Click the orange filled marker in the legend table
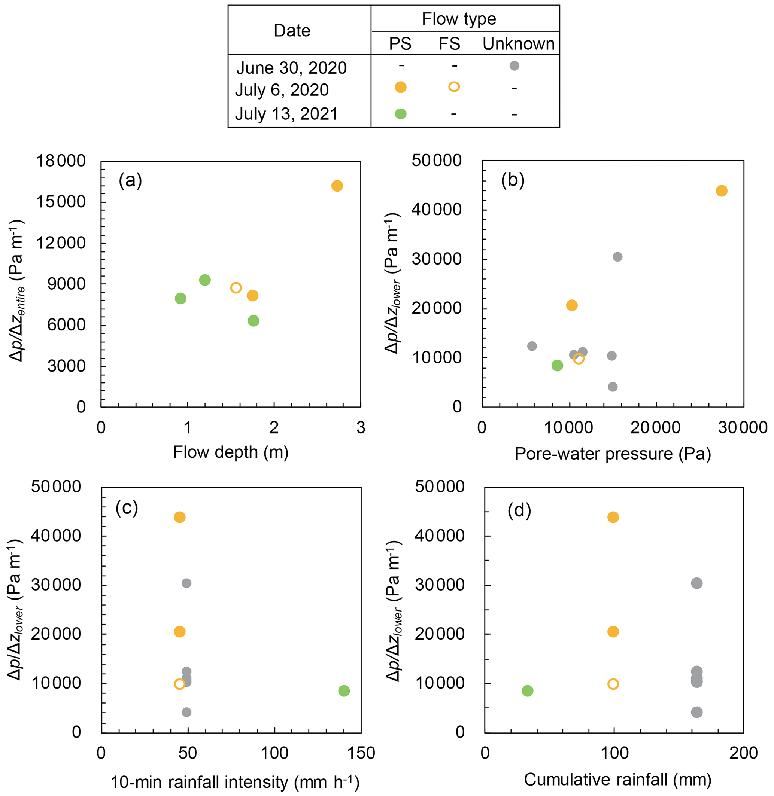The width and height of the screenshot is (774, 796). (400, 87)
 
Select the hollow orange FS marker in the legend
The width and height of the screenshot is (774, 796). (454, 86)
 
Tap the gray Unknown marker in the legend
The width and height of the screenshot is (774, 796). (514, 66)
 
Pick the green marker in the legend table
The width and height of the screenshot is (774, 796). (400, 114)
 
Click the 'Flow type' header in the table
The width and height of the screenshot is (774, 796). (459, 19)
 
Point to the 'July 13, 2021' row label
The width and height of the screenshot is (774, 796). (286, 114)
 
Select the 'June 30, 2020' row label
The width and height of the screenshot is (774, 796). (291, 68)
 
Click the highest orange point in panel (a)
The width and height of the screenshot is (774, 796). (337, 186)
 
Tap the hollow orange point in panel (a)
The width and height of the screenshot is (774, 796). (236, 288)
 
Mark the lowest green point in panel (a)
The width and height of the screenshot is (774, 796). (253, 321)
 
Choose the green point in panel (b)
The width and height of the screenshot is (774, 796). (557, 365)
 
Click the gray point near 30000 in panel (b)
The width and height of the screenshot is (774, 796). (617, 257)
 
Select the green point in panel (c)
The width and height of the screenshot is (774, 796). (344, 691)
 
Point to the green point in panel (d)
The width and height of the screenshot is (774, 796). (527, 691)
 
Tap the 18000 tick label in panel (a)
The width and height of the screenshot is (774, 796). (61, 161)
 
